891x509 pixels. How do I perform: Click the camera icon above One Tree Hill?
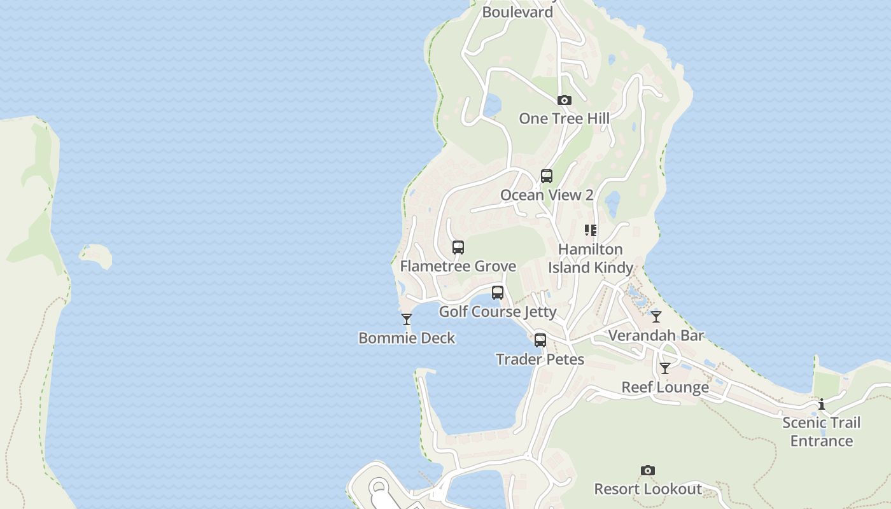pyautogui.click(x=564, y=101)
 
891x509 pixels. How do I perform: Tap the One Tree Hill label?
pyautogui.click(x=564, y=118)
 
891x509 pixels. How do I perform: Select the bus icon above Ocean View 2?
pyautogui.click(x=546, y=176)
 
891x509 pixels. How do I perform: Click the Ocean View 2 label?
pyautogui.click(x=547, y=195)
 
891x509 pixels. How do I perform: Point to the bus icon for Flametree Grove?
pyautogui.click(x=458, y=248)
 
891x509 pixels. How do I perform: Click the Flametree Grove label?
pyautogui.click(x=458, y=266)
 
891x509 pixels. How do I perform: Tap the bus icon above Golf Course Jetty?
pyautogui.click(x=498, y=293)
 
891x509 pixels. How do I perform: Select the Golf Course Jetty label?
pyautogui.click(x=498, y=312)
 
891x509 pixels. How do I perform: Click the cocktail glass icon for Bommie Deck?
pyautogui.click(x=407, y=319)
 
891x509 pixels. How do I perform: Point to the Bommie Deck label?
pyautogui.click(x=407, y=338)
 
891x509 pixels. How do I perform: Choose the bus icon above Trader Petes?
pyautogui.click(x=540, y=340)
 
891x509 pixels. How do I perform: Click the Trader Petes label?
pyautogui.click(x=540, y=359)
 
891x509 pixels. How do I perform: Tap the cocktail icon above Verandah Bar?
pyautogui.click(x=656, y=316)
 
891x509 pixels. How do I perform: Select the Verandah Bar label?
pyautogui.click(x=656, y=335)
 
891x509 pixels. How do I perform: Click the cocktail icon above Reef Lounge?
pyautogui.click(x=665, y=368)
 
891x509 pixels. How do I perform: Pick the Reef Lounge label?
pyautogui.click(x=665, y=387)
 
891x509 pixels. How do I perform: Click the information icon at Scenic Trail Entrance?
pyautogui.click(x=822, y=404)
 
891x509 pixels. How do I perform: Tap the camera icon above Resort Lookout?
pyautogui.click(x=648, y=471)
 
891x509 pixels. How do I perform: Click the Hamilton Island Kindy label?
pyautogui.click(x=591, y=258)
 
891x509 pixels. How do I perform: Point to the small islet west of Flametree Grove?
pyautogui.click(x=96, y=256)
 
